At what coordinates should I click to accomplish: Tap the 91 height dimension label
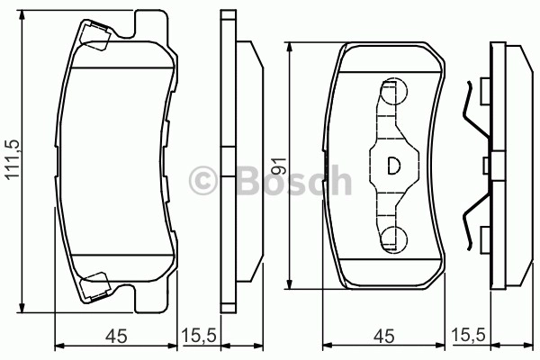click(278, 166)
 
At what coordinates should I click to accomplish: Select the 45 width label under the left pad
click(116, 337)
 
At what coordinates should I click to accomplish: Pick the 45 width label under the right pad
click(383, 337)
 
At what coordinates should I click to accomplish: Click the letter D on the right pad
click(393, 166)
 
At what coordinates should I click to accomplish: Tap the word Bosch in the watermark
click(294, 180)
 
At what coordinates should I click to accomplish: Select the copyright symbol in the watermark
click(203, 180)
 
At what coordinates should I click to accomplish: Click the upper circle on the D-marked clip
click(394, 92)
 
